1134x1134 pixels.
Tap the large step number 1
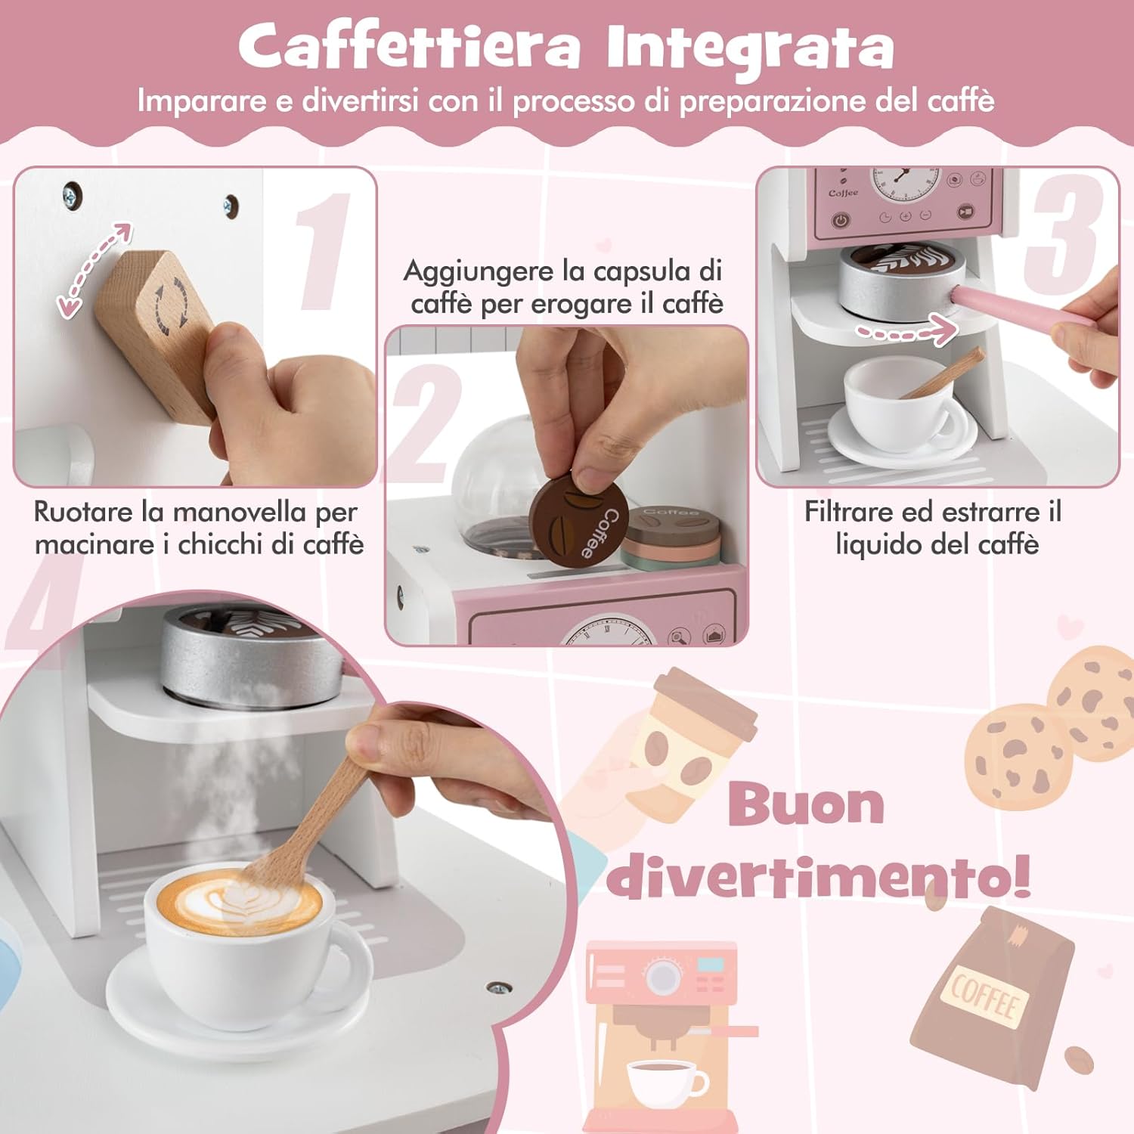tap(324, 251)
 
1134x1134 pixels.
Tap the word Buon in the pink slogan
tap(806, 804)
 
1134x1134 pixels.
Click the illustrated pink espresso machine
tap(665, 1036)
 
